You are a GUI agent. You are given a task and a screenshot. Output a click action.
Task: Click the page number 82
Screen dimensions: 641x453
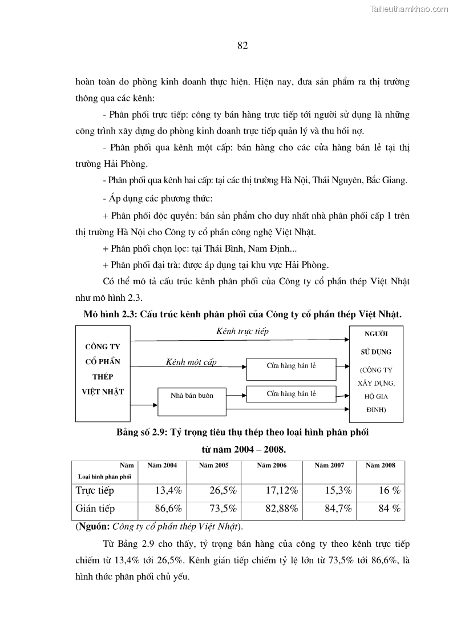click(x=242, y=46)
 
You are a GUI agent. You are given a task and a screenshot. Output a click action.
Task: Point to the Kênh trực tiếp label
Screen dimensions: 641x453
click(x=242, y=332)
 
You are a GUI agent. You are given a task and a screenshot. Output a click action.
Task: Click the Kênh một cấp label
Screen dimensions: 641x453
click(x=191, y=362)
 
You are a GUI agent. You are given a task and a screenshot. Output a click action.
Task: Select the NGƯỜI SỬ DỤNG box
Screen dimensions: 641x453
click(x=375, y=373)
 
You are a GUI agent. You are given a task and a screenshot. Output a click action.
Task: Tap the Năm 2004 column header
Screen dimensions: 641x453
click(x=162, y=466)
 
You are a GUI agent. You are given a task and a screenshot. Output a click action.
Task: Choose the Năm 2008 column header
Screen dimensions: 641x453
click(x=381, y=466)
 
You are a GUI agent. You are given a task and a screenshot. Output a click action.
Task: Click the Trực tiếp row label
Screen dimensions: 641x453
click(x=95, y=490)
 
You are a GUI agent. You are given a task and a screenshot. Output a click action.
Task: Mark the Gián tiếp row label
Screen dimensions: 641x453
click(x=95, y=509)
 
